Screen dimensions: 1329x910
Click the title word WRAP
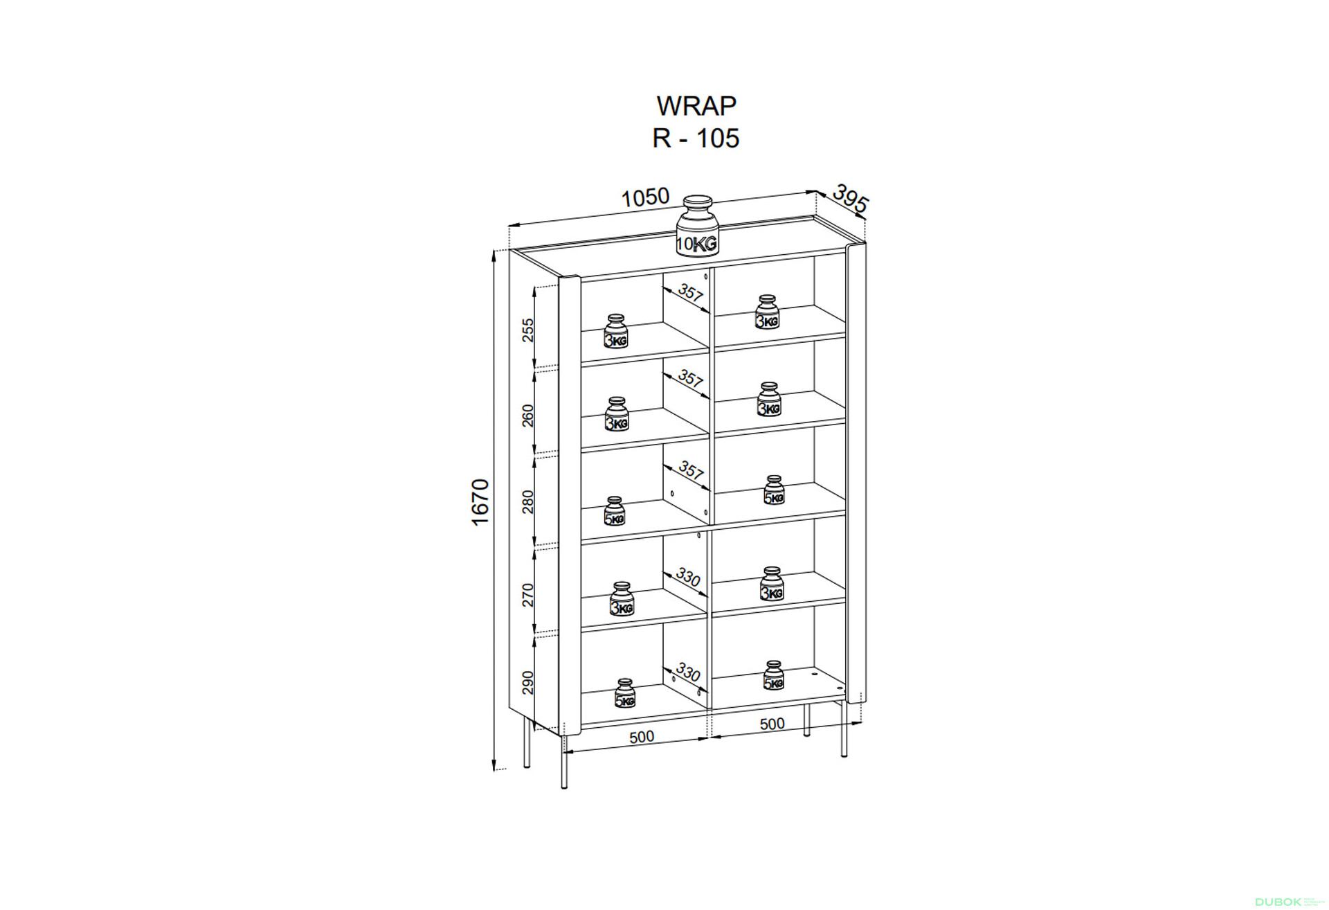click(696, 106)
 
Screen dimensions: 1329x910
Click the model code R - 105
click(696, 139)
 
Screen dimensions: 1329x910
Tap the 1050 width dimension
click(645, 198)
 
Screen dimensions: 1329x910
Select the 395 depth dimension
click(850, 199)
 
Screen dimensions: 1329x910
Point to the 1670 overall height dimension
click(480, 502)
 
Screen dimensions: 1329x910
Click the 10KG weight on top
click(697, 226)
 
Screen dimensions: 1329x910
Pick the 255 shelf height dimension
click(528, 330)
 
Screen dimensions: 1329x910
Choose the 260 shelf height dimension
click(528, 416)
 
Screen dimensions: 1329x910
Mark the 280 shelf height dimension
click(528, 501)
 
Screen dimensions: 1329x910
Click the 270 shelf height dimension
click(528, 595)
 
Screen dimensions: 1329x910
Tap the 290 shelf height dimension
click(528, 682)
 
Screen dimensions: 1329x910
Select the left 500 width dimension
click(642, 737)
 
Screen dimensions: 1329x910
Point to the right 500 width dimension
click(772, 724)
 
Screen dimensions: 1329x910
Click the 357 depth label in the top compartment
click(690, 292)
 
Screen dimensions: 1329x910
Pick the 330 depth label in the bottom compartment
click(688, 672)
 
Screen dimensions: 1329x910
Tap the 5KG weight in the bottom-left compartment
click(624, 693)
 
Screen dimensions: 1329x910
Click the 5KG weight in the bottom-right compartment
click(773, 675)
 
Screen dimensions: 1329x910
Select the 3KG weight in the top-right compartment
click(767, 312)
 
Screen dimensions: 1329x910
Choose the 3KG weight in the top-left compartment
click(616, 330)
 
